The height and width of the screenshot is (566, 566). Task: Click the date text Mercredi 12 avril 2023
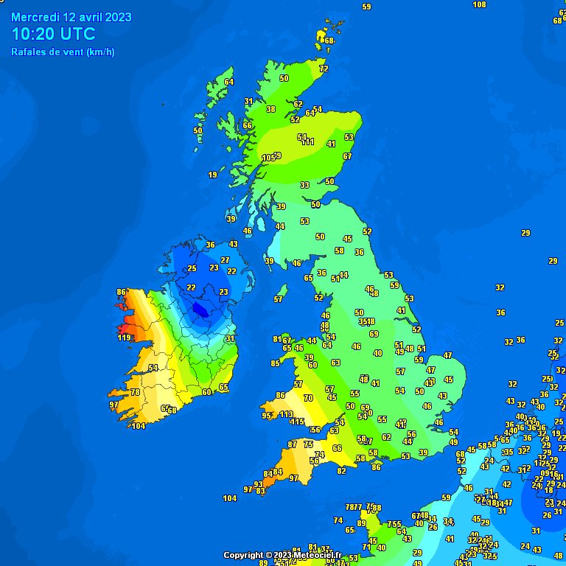tap(71, 16)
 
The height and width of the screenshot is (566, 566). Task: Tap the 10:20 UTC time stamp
tap(54, 34)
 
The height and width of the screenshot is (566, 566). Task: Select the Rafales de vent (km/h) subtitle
tap(63, 52)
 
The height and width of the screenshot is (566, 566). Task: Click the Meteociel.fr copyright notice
tap(283, 555)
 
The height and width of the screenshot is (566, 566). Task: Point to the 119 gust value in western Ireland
tap(125, 338)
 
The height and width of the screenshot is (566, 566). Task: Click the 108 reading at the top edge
tap(479, 4)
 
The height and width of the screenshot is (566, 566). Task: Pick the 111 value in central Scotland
tap(307, 142)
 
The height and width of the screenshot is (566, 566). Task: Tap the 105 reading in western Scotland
tap(268, 158)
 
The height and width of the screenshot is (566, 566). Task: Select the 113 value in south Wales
tap(287, 414)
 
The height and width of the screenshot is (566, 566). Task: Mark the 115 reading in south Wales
tap(298, 422)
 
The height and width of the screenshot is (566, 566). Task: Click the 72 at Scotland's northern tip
tap(323, 69)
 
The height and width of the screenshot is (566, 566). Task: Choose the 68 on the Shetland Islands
tap(329, 41)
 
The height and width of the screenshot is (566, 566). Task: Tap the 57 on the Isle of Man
tap(279, 299)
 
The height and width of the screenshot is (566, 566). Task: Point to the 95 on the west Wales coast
tap(266, 416)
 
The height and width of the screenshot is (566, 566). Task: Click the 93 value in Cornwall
tap(259, 484)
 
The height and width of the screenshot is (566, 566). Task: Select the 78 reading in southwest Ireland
tap(135, 392)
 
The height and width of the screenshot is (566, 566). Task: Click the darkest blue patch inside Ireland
tap(199, 310)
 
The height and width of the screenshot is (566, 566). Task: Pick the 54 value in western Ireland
tap(153, 368)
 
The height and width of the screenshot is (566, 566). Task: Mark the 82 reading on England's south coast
tap(341, 471)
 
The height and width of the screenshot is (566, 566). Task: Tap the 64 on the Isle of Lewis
tap(229, 82)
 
